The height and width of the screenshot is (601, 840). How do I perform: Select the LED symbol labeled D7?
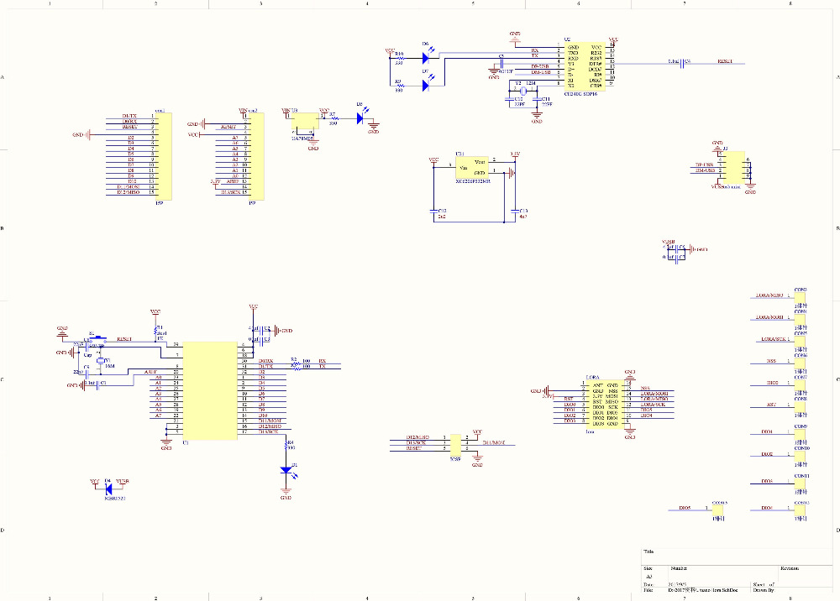point(426,83)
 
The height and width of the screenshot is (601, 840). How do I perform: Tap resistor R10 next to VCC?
point(398,58)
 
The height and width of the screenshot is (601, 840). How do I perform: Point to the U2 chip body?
point(585,65)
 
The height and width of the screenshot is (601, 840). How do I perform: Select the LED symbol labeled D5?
point(360,118)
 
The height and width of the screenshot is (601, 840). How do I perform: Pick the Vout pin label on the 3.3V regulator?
point(479,161)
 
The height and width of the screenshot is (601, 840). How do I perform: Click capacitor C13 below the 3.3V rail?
point(513,211)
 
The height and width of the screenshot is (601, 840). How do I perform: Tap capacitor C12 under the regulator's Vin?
point(433,211)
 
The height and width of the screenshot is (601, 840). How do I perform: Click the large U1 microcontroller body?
point(210,390)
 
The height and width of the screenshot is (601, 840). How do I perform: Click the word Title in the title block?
point(648,551)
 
